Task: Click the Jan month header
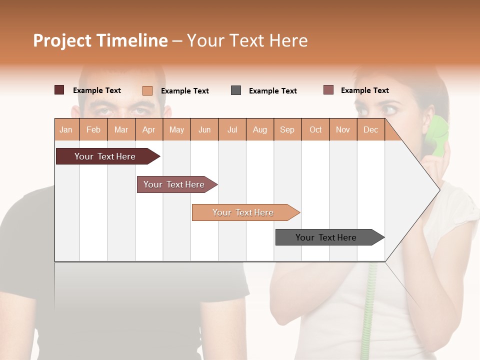[x=66, y=129]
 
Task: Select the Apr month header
[x=149, y=129]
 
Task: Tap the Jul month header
[x=232, y=129]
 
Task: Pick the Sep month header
[x=287, y=129]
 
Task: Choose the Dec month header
[x=370, y=129]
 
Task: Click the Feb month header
[x=93, y=129]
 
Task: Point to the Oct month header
[x=315, y=129]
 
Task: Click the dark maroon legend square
[x=59, y=90]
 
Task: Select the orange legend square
[x=147, y=90]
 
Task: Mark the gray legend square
[x=236, y=90]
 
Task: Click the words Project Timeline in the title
[x=100, y=40]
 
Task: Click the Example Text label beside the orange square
[x=185, y=91]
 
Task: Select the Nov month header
[x=343, y=129]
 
